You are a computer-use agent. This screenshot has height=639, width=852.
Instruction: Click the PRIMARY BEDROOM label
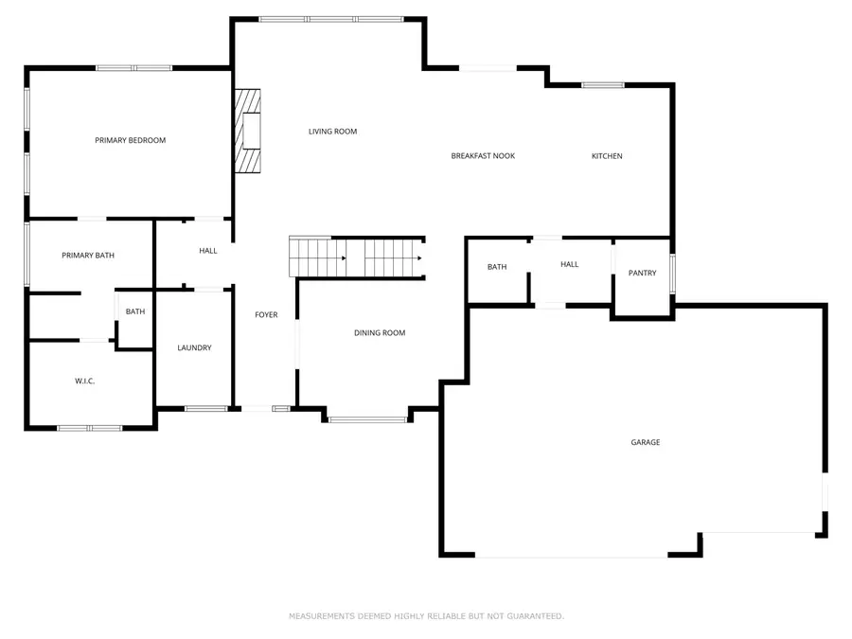(x=130, y=140)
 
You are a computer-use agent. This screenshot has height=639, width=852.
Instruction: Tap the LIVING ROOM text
(x=332, y=132)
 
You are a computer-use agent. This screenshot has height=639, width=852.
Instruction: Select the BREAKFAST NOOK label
(x=483, y=156)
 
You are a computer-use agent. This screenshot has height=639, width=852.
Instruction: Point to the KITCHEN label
(x=607, y=156)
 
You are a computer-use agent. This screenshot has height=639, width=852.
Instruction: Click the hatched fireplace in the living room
(x=248, y=132)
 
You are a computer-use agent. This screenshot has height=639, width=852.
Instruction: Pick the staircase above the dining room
(x=356, y=257)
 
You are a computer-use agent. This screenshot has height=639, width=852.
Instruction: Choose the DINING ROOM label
(x=380, y=333)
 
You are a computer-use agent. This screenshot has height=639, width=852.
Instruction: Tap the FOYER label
(x=266, y=314)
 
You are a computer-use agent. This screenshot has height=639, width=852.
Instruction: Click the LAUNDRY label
(x=194, y=348)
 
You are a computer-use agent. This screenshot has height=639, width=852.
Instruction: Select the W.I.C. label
(x=85, y=382)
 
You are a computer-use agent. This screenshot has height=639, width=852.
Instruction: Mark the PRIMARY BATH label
(x=88, y=256)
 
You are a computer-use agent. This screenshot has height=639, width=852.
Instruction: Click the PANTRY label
(x=642, y=274)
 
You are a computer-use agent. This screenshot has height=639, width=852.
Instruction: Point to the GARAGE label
(x=646, y=442)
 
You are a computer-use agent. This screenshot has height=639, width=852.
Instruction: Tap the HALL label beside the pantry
(x=569, y=265)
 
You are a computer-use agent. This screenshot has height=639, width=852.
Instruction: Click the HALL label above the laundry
(x=208, y=251)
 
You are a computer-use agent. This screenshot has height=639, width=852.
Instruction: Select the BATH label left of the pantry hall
(x=497, y=267)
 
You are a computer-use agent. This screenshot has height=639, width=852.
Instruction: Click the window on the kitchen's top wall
(x=603, y=85)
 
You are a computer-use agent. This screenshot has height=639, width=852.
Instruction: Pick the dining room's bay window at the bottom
(x=367, y=418)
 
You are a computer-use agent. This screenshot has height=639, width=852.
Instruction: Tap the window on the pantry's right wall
(x=672, y=273)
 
